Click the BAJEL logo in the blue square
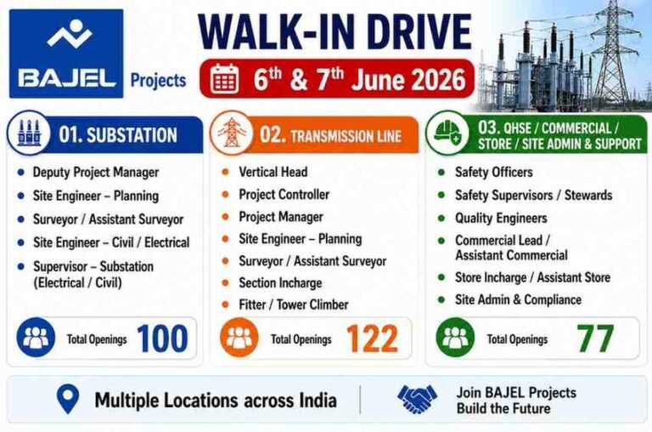click(x=66, y=54)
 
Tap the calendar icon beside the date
click(x=224, y=79)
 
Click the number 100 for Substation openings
click(x=162, y=338)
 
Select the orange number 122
click(x=372, y=338)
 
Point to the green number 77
click(x=595, y=338)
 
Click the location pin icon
click(x=68, y=399)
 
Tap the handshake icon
click(x=418, y=399)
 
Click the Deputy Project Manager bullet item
click(x=96, y=173)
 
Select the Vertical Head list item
click(x=273, y=172)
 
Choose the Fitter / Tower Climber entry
click(x=294, y=304)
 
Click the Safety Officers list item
click(x=493, y=172)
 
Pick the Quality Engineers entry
click(x=501, y=219)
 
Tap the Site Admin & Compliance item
click(x=518, y=299)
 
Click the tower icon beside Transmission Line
click(x=232, y=133)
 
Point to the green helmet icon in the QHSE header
click(x=447, y=133)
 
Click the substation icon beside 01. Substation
click(x=29, y=133)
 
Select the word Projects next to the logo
click(x=159, y=81)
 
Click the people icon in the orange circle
click(x=239, y=338)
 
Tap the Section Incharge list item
click(x=280, y=283)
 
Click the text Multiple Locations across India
click(x=216, y=401)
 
